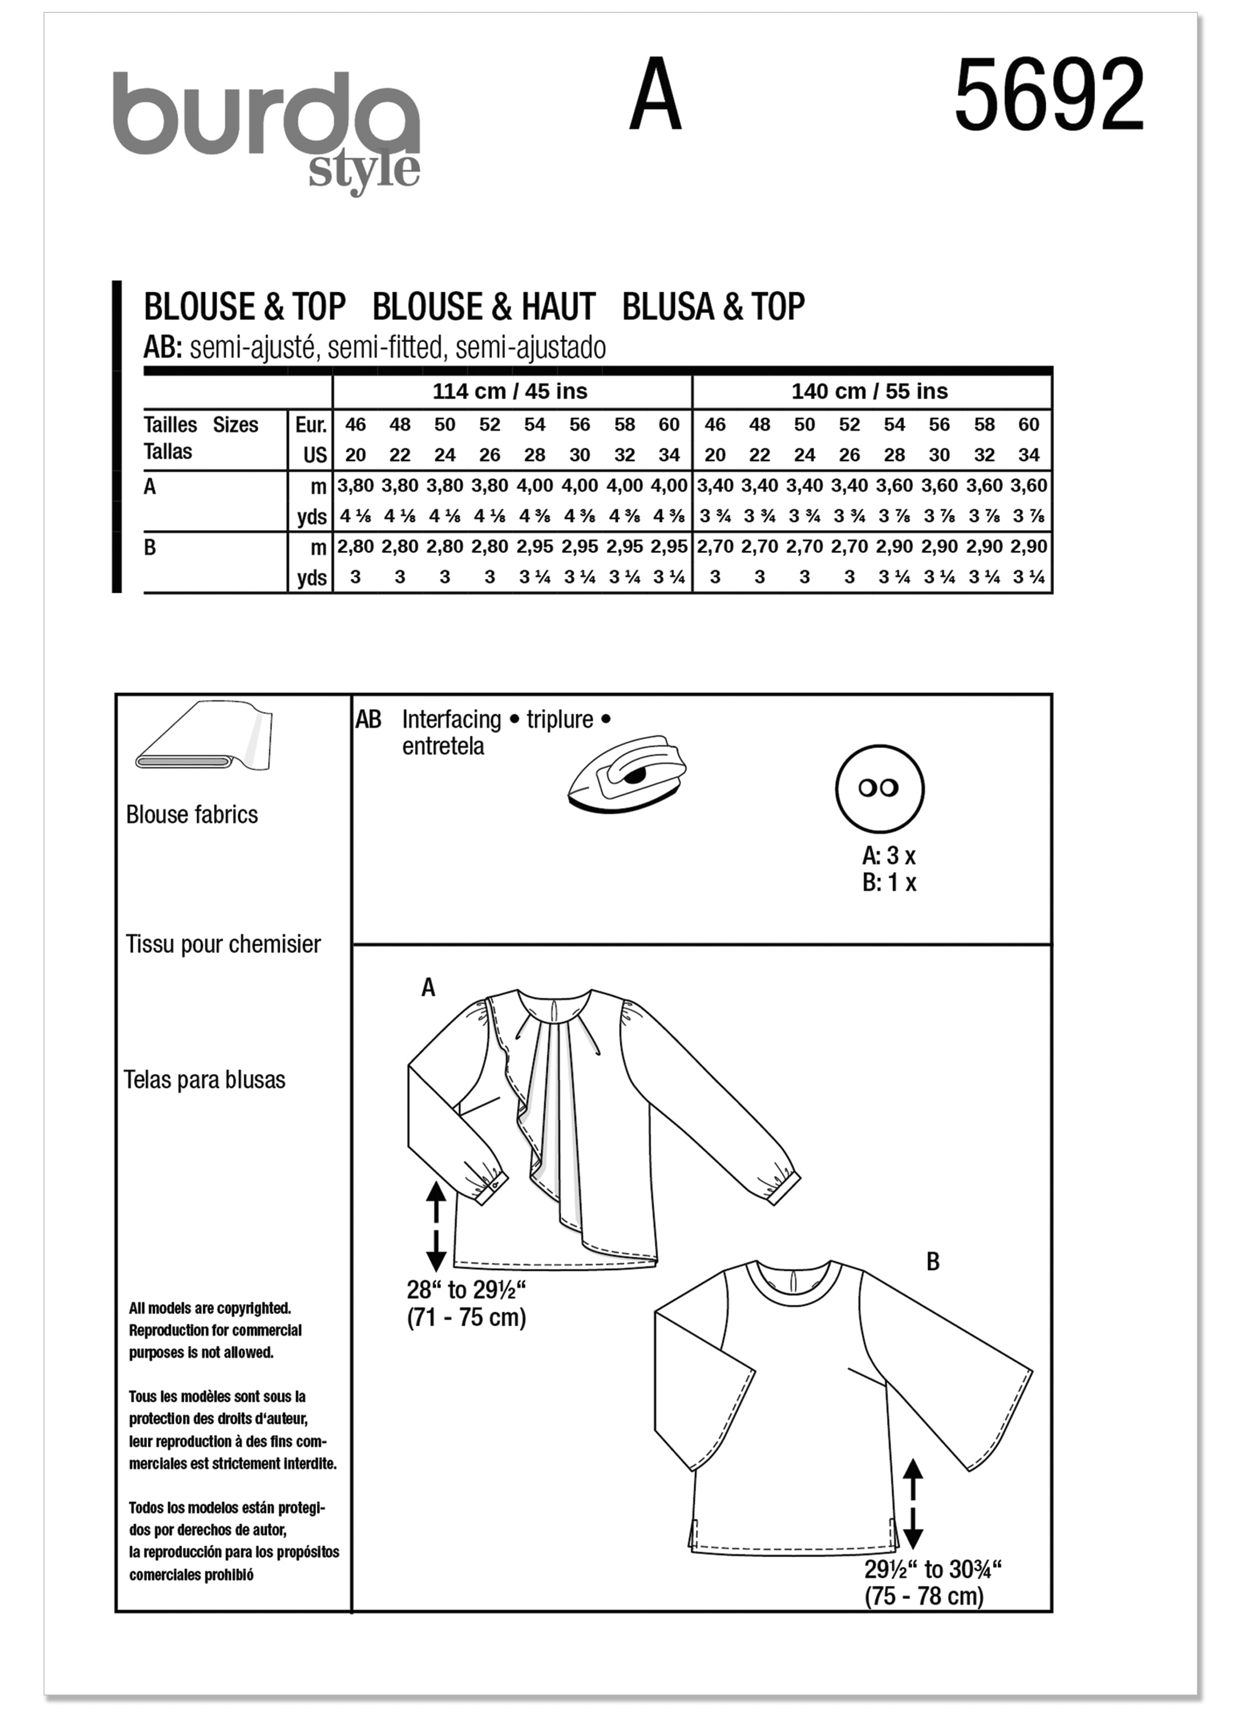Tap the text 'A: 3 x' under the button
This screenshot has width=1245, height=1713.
[889, 856]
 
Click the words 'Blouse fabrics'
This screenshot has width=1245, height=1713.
[192, 814]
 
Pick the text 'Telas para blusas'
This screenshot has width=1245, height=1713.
[204, 1080]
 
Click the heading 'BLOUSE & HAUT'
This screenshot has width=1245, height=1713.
[484, 307]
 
